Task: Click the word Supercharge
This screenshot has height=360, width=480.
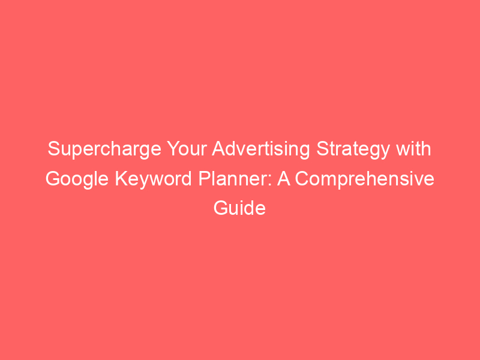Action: pos(104,149)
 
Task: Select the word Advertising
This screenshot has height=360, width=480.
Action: pos(261,149)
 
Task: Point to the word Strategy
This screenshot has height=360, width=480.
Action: pos(353,149)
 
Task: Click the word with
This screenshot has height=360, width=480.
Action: pos(413,148)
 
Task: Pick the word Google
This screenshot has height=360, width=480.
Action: pos(77,179)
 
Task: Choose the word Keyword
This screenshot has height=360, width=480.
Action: pos(154,179)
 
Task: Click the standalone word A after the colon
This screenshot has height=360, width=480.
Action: pos(284,178)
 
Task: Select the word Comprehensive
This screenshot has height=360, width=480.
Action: pos(365,179)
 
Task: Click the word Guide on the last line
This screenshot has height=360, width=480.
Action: pos(239,208)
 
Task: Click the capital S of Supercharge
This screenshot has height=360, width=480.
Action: pos(54,148)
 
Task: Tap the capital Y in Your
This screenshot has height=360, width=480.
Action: pos(173,148)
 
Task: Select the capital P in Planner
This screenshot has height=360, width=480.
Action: pos(205,178)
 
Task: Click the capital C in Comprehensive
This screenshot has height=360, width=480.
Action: pos(302,178)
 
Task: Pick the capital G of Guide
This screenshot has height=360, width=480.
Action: pos(221,208)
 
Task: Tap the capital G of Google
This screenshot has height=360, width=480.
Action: pos(53,178)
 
